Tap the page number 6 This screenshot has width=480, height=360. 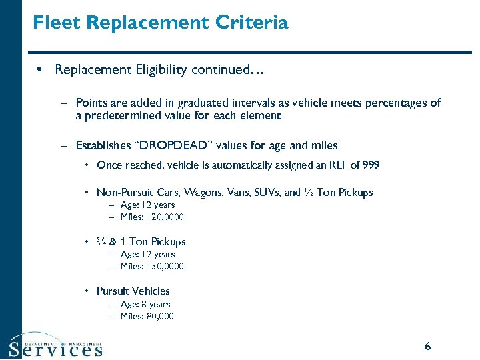(427, 346)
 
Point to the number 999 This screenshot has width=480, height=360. (370, 165)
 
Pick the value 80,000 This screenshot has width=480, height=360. (159, 316)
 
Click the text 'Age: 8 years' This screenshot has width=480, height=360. (145, 304)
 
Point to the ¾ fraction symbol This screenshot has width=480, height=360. (101, 241)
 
